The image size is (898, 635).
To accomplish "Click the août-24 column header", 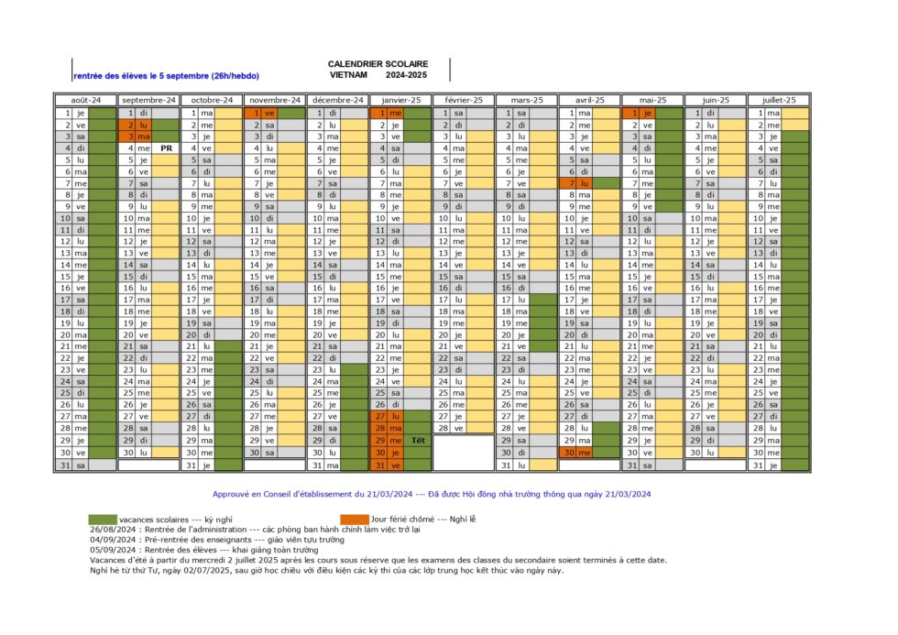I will click(x=85, y=100).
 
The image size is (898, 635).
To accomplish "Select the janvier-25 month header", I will click(x=400, y=100).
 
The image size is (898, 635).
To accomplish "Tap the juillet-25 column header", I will click(x=779, y=100).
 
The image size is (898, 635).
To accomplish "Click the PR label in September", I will click(x=166, y=148).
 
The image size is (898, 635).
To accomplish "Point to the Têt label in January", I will click(x=419, y=441).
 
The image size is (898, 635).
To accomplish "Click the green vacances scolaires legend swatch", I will click(x=103, y=519).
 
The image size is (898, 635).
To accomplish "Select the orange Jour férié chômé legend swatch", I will click(x=355, y=519).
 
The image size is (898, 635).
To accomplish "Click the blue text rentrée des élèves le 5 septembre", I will click(x=167, y=75).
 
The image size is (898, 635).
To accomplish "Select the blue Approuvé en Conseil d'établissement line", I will click(x=432, y=493).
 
